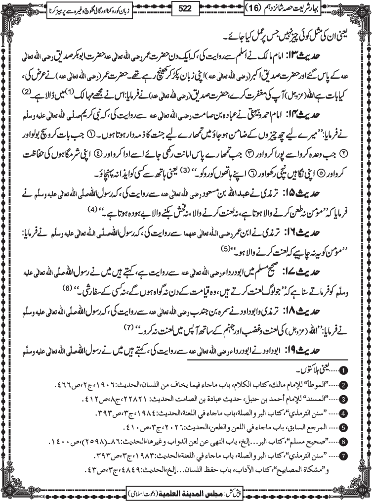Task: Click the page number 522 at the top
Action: click(x=186, y=9)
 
